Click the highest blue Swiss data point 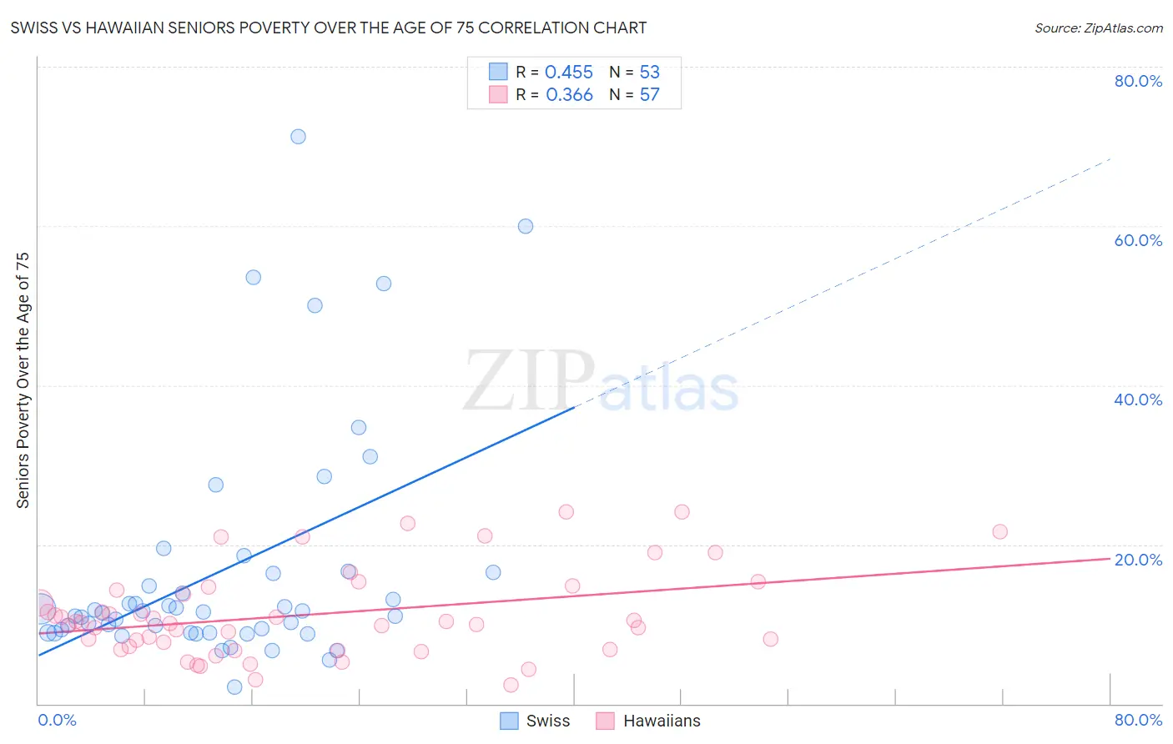click(x=298, y=136)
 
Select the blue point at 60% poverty click(x=525, y=226)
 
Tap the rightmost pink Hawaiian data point click(x=999, y=531)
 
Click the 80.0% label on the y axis click(x=1138, y=81)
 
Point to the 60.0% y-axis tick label click(x=1138, y=240)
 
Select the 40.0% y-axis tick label click(x=1138, y=400)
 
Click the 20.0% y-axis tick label click(x=1138, y=560)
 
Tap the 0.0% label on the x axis click(x=57, y=720)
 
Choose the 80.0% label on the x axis click(x=1138, y=720)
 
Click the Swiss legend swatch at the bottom click(x=509, y=721)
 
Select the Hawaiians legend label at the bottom click(x=662, y=721)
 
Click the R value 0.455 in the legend click(x=569, y=73)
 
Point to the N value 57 click(x=649, y=95)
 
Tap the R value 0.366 click(x=569, y=95)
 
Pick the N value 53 click(x=649, y=73)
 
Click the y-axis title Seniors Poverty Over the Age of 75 click(x=23, y=380)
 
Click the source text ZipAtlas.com click(x=1099, y=28)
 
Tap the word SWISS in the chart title click(x=34, y=28)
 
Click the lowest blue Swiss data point click(x=234, y=686)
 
